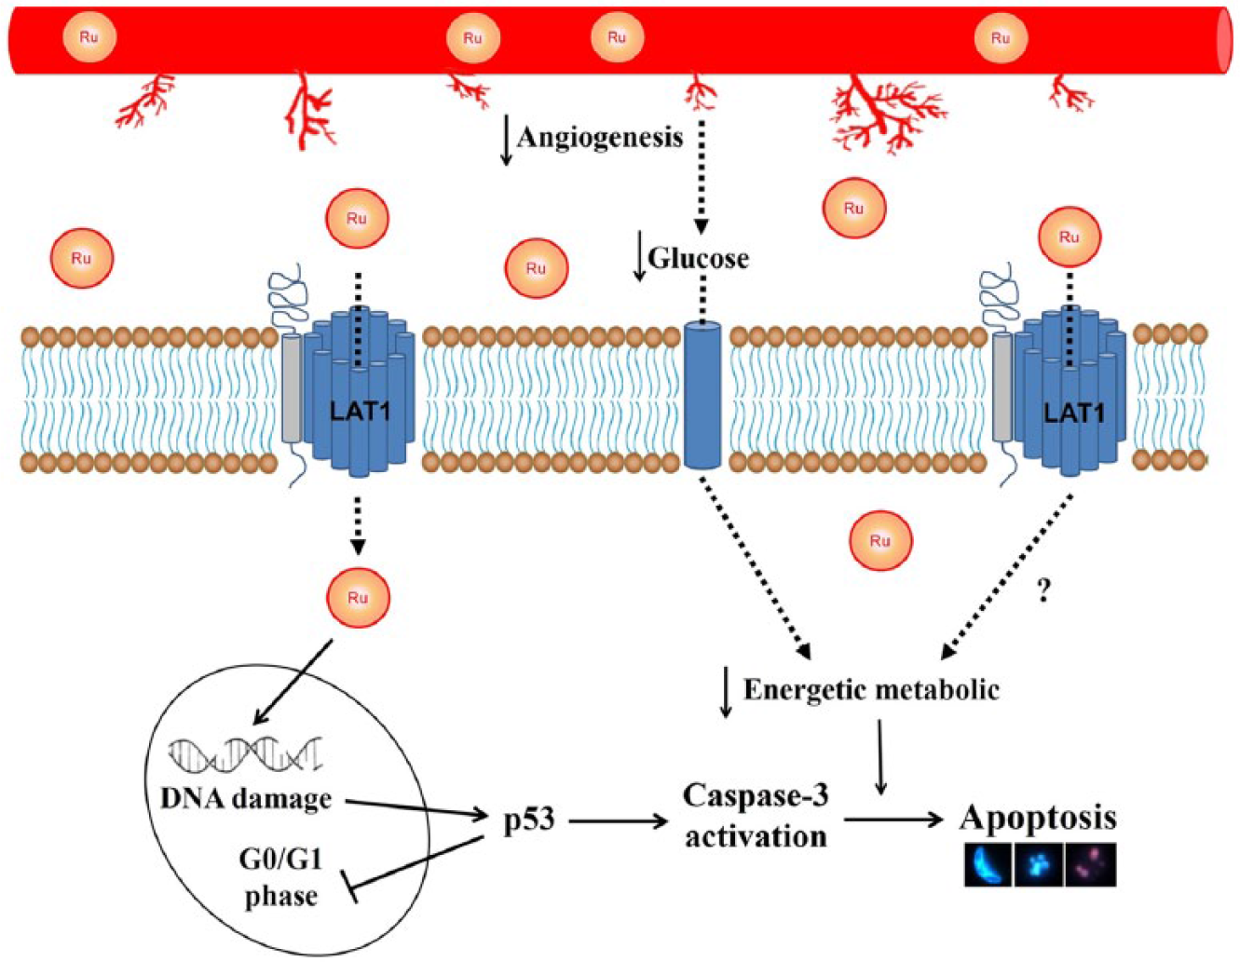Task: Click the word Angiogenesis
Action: coord(600,138)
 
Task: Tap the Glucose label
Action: coord(698,259)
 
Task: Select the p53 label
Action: coord(529,821)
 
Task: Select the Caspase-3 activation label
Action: coord(756,816)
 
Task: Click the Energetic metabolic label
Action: coord(871,691)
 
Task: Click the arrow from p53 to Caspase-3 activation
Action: coord(618,821)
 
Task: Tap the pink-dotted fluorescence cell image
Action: coord(1091,865)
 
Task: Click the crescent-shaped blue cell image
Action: coord(988,865)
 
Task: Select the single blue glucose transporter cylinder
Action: coord(702,395)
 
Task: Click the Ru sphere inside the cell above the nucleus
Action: coord(358,598)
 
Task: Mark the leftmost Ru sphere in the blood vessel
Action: coord(89,37)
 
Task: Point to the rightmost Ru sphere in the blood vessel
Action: coord(1001,38)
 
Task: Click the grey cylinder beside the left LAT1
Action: coord(292,388)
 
